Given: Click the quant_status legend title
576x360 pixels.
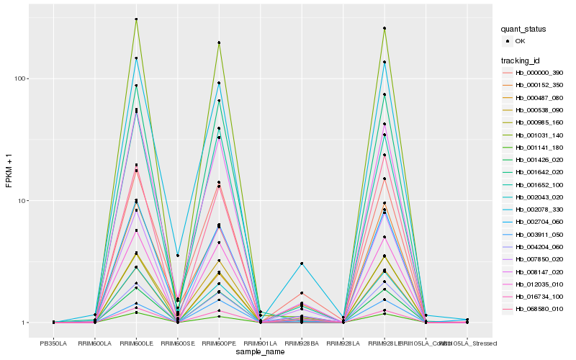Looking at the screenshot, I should pyautogui.click(x=524, y=30).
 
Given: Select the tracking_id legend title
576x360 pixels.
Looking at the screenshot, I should pyautogui.click(x=521, y=60).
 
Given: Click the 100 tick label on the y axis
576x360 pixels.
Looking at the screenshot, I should pyautogui.click(x=21, y=78).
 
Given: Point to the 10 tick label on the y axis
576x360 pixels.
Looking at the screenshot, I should pyautogui.click(x=23, y=200).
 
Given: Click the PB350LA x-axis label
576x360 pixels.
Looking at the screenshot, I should pyautogui.click(x=53, y=343).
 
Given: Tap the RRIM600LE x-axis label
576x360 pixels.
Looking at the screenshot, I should pyautogui.click(x=136, y=343).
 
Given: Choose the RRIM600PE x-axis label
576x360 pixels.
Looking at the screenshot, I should pyautogui.click(x=219, y=343).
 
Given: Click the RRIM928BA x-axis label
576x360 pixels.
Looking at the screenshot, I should pyautogui.click(x=302, y=343).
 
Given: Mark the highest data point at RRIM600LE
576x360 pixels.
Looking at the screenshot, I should pyautogui.click(x=136, y=19).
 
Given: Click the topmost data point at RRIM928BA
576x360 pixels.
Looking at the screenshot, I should pyautogui.click(x=302, y=264).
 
